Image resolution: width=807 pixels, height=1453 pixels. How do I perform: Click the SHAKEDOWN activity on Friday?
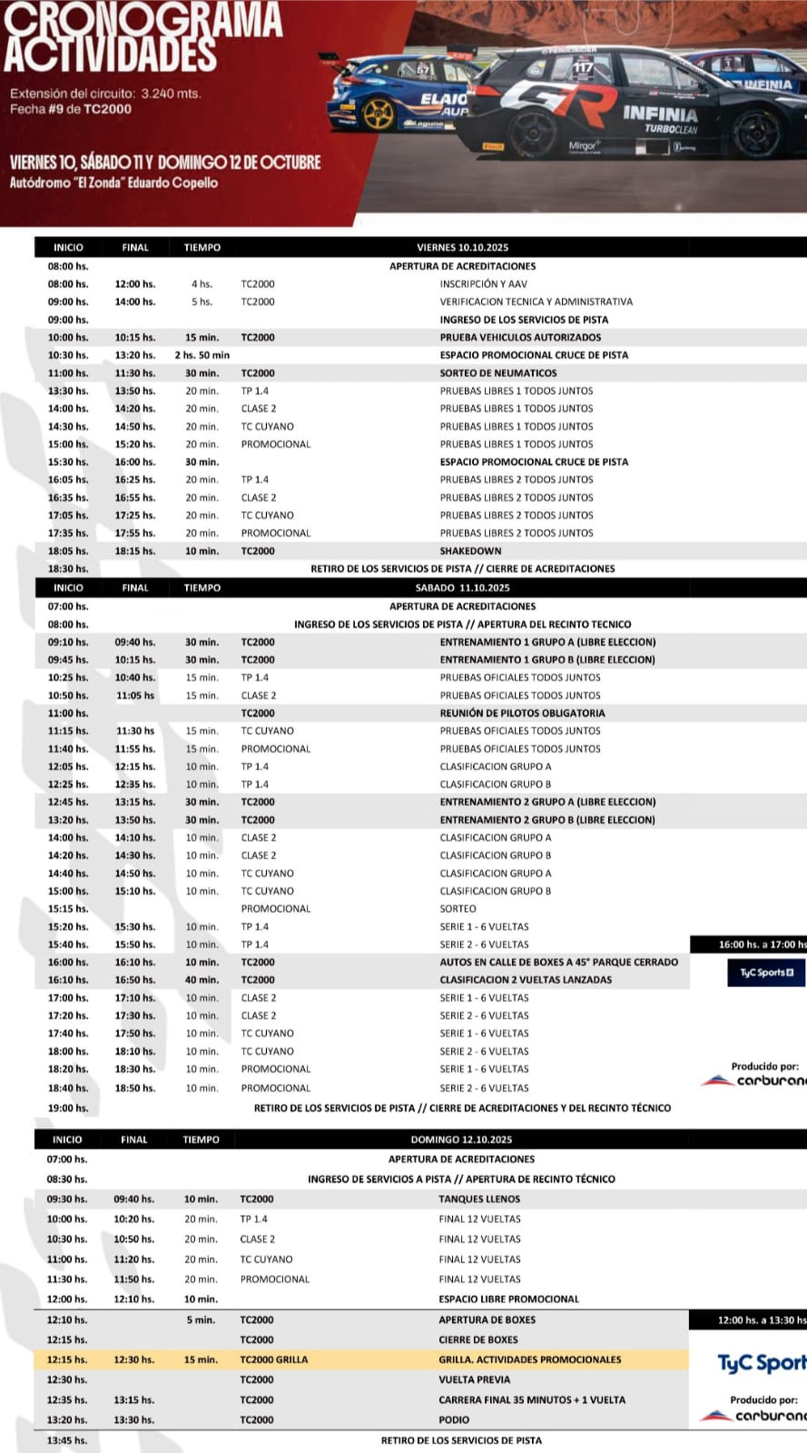pyautogui.click(x=470, y=551)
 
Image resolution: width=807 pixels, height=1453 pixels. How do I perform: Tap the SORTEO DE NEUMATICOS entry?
pyautogui.click(x=498, y=373)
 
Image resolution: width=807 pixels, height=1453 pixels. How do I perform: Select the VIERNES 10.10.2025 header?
pyautogui.click(x=463, y=247)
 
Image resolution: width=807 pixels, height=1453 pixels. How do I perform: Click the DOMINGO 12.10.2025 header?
pyautogui.click(x=461, y=1140)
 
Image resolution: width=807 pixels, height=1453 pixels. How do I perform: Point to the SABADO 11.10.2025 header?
pyautogui.click(x=463, y=588)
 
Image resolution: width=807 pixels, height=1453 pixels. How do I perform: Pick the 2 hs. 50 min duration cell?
pyautogui.click(x=202, y=355)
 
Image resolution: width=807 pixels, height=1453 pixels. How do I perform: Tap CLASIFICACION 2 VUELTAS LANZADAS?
pyautogui.click(x=526, y=980)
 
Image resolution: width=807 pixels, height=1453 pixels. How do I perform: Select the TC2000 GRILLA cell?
pyautogui.click(x=273, y=1359)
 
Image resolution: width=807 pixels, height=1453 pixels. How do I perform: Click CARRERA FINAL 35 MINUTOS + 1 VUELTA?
pyautogui.click(x=532, y=1399)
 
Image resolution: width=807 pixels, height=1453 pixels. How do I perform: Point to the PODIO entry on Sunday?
pyautogui.click(x=454, y=1419)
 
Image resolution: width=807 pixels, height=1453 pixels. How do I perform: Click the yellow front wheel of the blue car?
pyautogui.click(x=378, y=114)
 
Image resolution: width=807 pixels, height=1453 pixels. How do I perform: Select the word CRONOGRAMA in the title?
pyautogui.click(x=143, y=20)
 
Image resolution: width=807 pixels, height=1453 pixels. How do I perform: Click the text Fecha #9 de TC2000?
pyautogui.click(x=71, y=109)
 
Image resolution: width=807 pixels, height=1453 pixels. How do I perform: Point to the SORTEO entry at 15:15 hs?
pyautogui.click(x=458, y=908)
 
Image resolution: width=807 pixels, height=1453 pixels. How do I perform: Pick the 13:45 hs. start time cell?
pyautogui.click(x=67, y=1440)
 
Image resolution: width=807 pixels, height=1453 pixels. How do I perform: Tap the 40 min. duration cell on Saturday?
pyautogui.click(x=202, y=980)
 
